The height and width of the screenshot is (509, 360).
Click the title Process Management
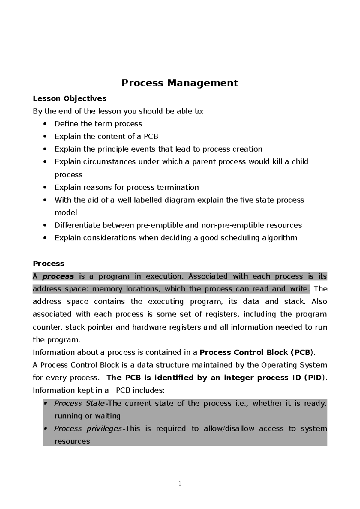180,83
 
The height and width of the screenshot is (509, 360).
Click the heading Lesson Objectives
70,98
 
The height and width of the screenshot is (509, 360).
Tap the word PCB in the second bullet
151,137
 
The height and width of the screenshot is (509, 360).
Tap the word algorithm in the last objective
279,238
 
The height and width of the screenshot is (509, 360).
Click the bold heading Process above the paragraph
49,264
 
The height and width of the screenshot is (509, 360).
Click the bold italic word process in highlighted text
58,276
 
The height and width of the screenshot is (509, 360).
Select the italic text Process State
79,403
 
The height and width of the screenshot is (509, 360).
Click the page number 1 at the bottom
180,483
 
